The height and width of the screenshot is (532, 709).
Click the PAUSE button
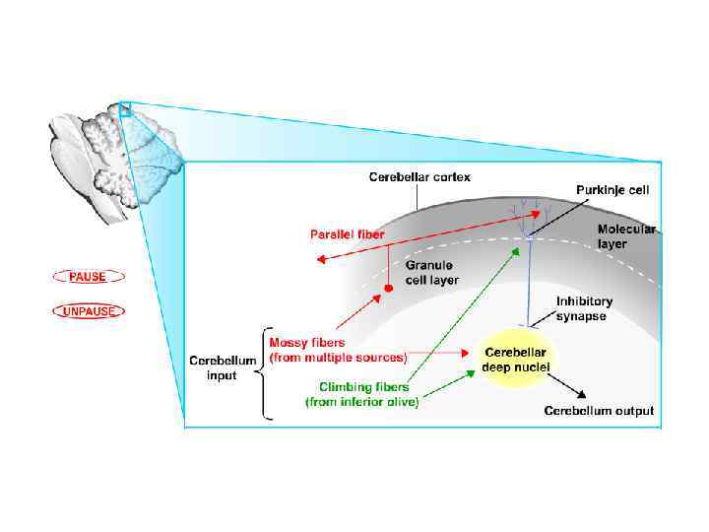pyautogui.click(x=87, y=277)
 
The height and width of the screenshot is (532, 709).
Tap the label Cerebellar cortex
pyautogui.click(x=419, y=177)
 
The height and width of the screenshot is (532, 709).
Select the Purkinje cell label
pyautogui.click(x=612, y=189)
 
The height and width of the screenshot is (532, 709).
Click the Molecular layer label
pyautogui.click(x=624, y=235)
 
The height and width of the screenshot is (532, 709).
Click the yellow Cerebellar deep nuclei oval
pyautogui.click(x=517, y=360)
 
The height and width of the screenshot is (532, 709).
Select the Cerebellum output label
pyautogui.click(x=599, y=411)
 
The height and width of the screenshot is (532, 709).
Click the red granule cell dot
pyautogui.click(x=388, y=289)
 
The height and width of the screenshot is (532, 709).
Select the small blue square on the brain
pyautogui.click(x=125, y=110)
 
